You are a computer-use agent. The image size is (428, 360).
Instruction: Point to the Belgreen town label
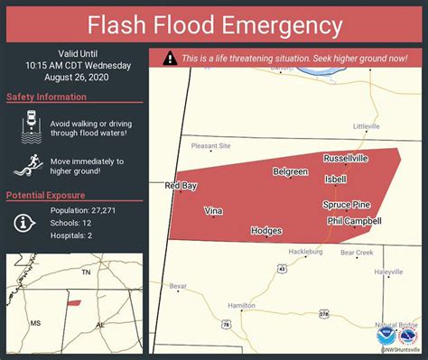click(291, 171)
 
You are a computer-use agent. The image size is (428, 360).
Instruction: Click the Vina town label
click(213, 210)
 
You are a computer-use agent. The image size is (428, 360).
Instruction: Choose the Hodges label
click(267, 231)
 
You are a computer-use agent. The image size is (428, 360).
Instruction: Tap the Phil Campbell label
click(354, 220)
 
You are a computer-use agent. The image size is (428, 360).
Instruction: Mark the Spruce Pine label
click(347, 205)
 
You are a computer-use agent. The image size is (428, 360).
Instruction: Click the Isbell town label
click(336, 179)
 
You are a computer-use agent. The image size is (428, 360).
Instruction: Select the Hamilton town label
click(242, 306)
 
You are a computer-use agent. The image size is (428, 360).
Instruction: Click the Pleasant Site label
click(210, 145)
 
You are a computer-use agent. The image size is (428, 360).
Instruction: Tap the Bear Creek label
click(357, 253)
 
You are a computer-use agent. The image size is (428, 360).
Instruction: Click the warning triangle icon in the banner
click(170, 58)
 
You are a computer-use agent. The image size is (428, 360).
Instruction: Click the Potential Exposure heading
click(46, 196)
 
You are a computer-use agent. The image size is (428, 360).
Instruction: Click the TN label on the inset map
click(87, 272)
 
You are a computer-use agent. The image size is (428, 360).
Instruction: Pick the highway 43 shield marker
click(283, 268)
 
